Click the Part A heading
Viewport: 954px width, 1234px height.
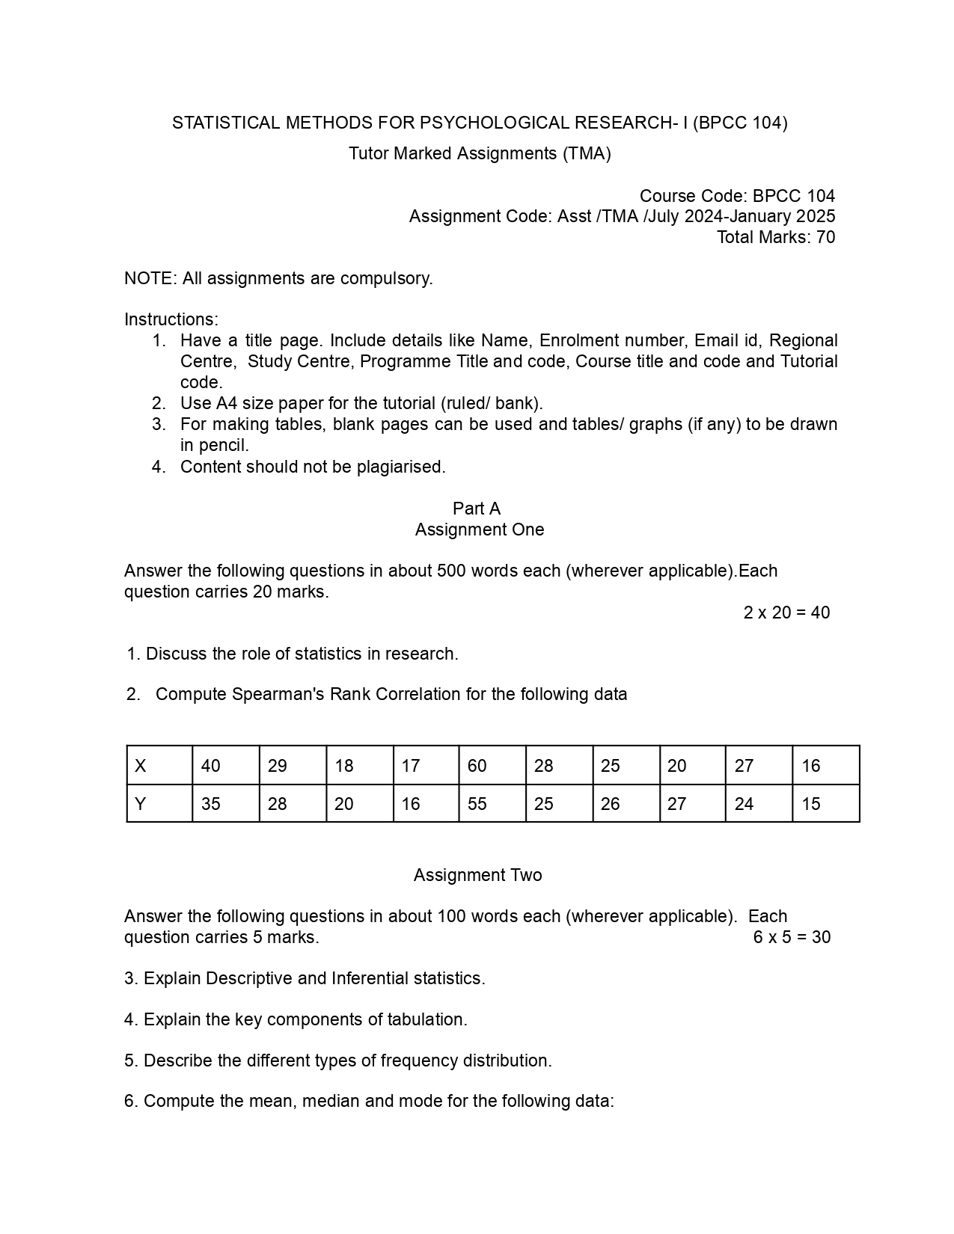[x=477, y=509]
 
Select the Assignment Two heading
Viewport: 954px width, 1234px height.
[x=477, y=875]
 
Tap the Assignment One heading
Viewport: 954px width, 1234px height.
[x=480, y=529]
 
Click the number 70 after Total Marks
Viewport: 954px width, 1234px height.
[x=825, y=237]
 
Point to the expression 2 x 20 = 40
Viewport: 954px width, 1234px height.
[x=786, y=613]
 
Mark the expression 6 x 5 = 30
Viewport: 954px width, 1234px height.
[x=792, y=937]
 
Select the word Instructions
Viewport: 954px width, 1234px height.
[x=171, y=319]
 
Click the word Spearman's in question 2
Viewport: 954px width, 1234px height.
[x=278, y=694]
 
